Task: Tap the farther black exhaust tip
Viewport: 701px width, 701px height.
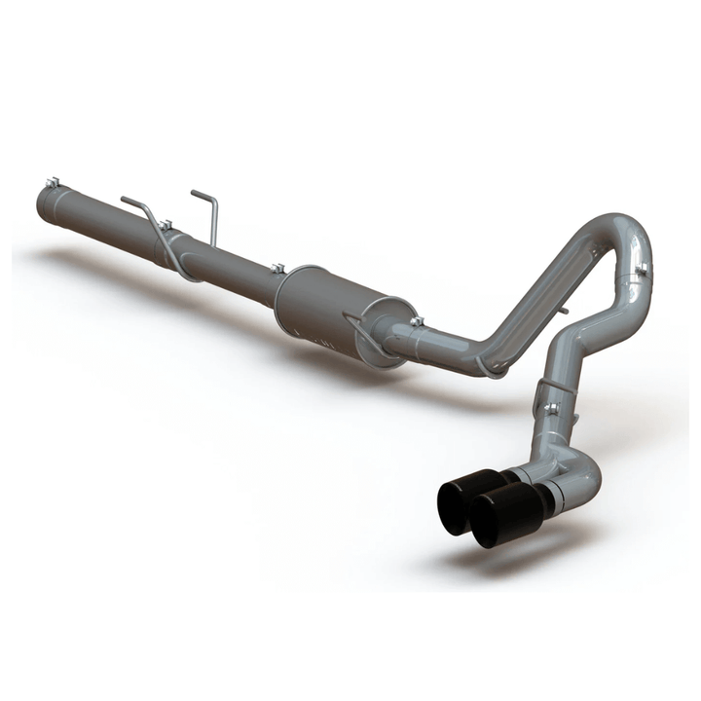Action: (469, 492)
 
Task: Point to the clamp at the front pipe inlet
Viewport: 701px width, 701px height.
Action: (55, 183)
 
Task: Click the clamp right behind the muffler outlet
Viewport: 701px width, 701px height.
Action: (417, 323)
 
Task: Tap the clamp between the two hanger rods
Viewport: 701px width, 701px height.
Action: (166, 226)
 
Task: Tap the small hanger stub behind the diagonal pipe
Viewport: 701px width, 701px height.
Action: (563, 314)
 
